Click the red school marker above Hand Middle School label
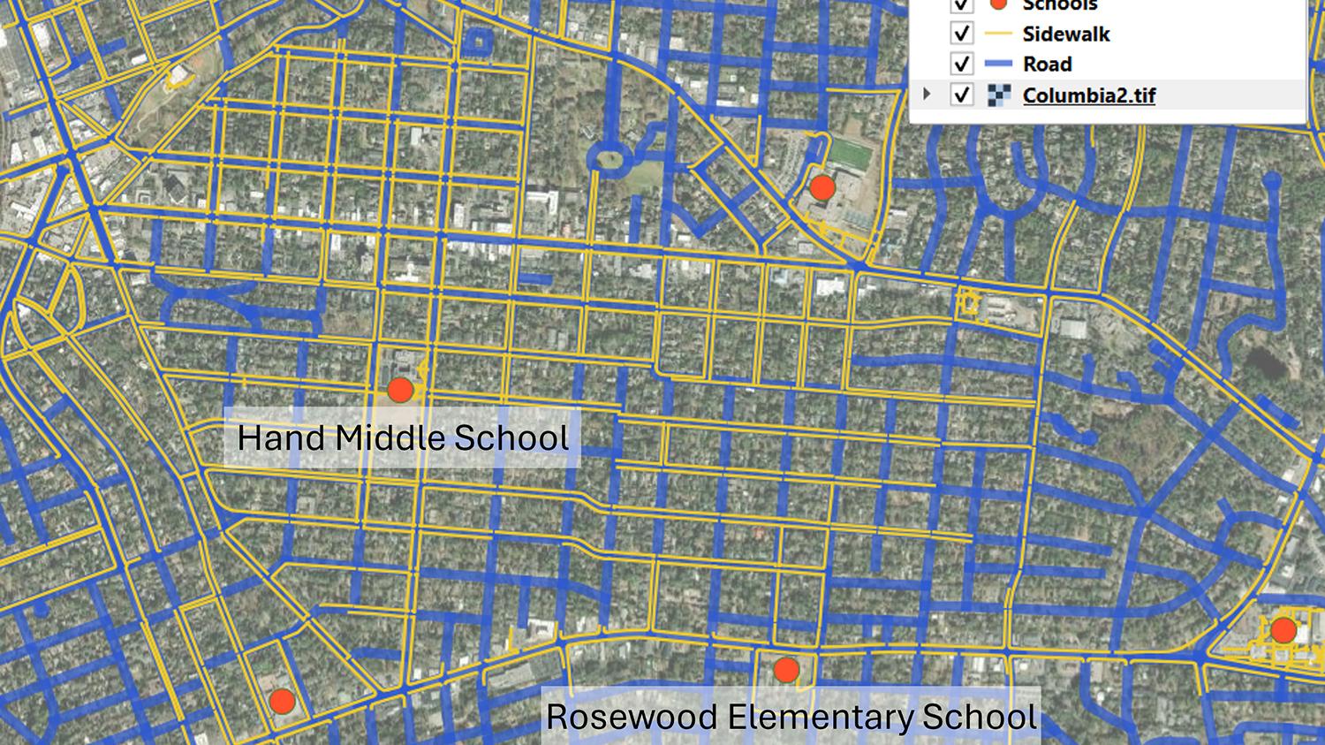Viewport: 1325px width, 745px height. click(400, 390)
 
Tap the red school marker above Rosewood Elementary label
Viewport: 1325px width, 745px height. click(786, 671)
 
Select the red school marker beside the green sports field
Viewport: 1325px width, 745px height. click(822, 187)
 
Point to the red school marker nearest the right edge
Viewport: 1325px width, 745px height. click(1283, 631)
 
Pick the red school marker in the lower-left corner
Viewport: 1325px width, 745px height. click(282, 702)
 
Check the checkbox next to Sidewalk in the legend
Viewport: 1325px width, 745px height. click(962, 34)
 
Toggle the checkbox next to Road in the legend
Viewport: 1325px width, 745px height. click(962, 65)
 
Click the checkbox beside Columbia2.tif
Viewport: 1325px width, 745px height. click(962, 95)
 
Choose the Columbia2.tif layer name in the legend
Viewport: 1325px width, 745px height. click(1088, 95)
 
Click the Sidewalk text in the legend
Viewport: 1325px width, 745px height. click(1065, 34)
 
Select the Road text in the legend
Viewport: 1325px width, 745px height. click(1047, 65)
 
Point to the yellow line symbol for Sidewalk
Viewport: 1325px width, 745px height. click(998, 34)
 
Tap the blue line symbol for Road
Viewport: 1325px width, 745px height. click(998, 65)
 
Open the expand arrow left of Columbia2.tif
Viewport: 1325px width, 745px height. click(927, 94)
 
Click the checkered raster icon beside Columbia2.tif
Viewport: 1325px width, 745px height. click(998, 95)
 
